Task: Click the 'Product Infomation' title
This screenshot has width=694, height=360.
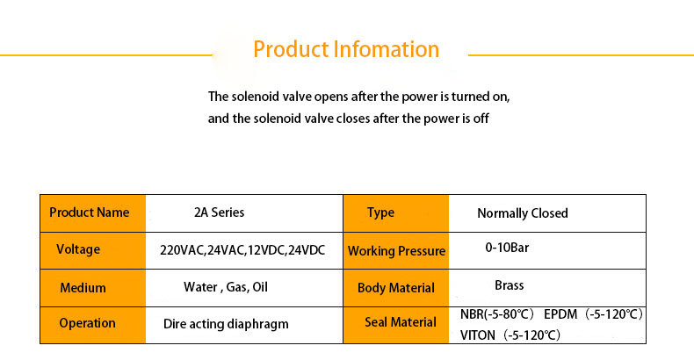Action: point(346,49)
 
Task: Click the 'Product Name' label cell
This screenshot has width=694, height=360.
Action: point(93,213)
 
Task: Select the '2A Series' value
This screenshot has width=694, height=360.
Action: point(219,212)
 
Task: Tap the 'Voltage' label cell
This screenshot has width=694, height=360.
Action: point(93,251)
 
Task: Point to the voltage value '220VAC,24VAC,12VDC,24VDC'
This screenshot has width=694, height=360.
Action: point(242,250)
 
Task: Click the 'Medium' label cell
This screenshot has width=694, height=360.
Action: point(93,288)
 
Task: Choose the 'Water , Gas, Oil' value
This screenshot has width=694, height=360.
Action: point(226,287)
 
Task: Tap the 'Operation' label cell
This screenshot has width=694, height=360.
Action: point(93,325)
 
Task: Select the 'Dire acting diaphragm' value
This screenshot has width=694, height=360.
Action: point(226,324)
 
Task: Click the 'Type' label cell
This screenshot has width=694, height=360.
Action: point(396,213)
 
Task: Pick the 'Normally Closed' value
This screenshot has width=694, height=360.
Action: point(523,213)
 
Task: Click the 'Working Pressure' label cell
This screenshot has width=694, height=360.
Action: point(396,251)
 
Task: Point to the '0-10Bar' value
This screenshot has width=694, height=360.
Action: point(507,248)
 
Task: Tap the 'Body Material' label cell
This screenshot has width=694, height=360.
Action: point(396,288)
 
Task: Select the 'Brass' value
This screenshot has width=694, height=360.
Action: point(509,285)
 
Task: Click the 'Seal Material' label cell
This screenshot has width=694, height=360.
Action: point(396,325)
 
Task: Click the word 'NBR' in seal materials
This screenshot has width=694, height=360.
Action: point(472,314)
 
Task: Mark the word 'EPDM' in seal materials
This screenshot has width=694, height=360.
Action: point(560,314)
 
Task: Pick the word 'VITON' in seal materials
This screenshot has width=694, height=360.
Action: point(478,335)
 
